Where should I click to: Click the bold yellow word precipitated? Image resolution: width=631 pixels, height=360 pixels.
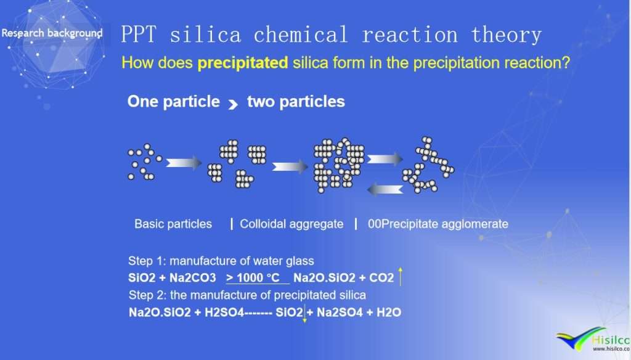[x=243, y=63]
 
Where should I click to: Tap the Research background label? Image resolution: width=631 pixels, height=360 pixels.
[x=52, y=33]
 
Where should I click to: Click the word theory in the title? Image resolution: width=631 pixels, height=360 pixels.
[x=506, y=35]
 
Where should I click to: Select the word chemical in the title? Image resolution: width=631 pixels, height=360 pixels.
[x=301, y=35]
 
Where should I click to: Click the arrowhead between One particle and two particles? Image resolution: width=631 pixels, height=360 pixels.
[x=233, y=105]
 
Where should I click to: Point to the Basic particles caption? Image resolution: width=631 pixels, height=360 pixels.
[x=173, y=224]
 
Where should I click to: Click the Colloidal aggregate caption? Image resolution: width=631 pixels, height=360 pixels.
[x=291, y=224]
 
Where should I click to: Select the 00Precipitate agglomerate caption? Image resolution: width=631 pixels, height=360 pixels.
[x=438, y=224]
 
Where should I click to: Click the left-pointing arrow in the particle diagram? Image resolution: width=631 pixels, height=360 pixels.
[x=385, y=189]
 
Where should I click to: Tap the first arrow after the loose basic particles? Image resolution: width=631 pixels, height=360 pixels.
[x=184, y=163]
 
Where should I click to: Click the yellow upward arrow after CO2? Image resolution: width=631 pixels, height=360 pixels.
[x=400, y=277]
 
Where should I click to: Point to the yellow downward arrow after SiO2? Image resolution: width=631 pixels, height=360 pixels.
[x=304, y=313]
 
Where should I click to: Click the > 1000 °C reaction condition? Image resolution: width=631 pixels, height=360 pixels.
[x=253, y=277]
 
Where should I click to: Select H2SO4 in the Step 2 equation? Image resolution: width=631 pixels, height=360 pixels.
[x=224, y=313]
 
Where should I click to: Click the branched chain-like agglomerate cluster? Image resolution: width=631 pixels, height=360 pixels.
[x=428, y=165]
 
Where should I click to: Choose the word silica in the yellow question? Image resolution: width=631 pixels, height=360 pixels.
[x=311, y=63]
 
